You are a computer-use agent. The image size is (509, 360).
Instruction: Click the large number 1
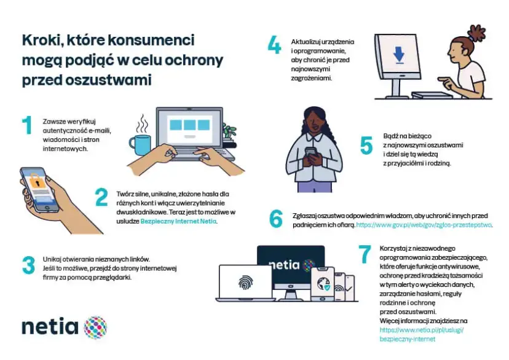point(27,125)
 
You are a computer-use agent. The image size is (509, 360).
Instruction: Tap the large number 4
point(274,45)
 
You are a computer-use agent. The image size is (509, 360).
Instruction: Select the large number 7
point(365,254)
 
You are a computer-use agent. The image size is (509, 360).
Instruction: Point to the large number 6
point(276,218)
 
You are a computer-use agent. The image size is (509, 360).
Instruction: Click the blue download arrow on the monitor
point(398,55)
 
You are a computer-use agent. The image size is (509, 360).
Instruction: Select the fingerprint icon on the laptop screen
point(246,283)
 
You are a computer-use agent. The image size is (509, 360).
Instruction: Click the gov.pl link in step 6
point(424,225)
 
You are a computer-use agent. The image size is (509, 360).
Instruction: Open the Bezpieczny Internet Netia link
point(178,222)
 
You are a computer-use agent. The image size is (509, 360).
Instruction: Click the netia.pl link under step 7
point(421,334)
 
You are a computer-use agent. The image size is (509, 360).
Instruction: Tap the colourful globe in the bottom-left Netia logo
point(95,327)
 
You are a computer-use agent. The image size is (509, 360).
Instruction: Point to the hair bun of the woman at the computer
point(477,33)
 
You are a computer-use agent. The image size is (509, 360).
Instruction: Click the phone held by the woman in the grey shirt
point(311,153)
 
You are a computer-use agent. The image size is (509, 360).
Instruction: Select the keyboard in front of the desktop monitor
point(432,95)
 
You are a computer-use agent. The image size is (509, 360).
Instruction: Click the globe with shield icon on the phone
point(323,283)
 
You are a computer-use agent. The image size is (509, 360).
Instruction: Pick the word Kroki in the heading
point(41,41)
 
